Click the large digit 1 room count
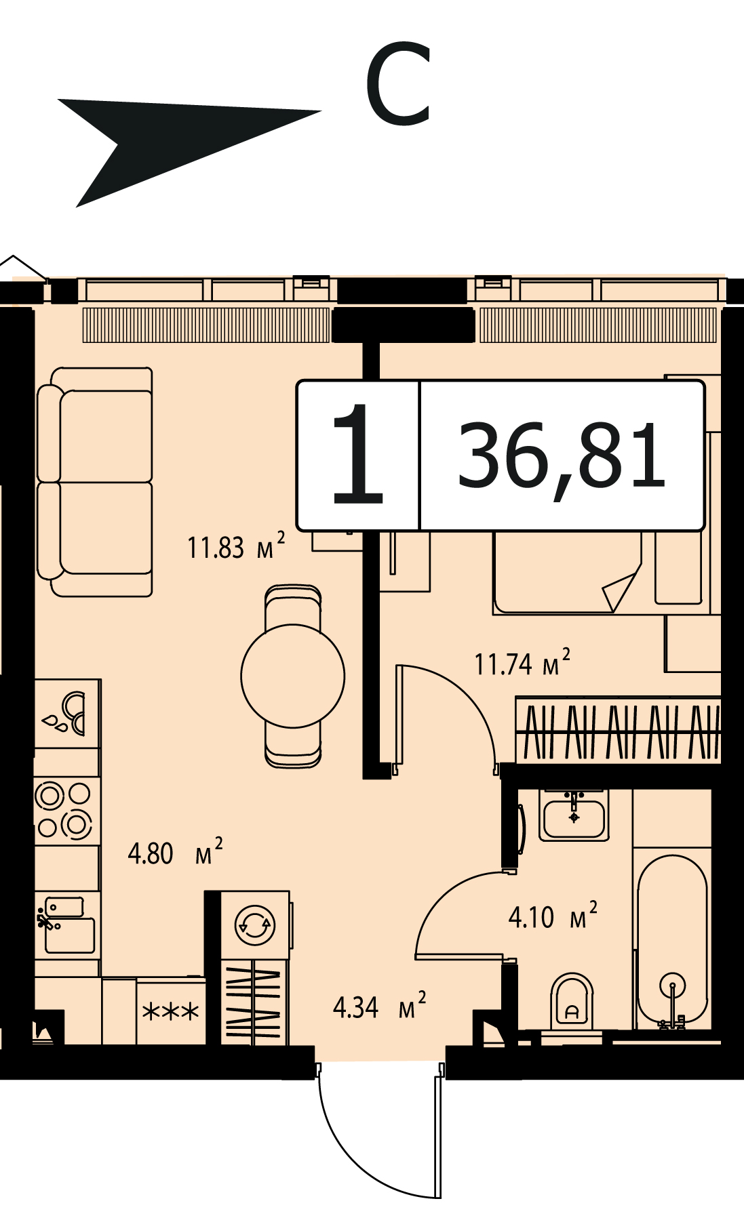pos(358,454)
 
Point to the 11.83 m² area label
pos(235,547)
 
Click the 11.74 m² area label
pos(522,663)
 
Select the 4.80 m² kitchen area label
pos(175,853)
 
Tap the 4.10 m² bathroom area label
pos(553,916)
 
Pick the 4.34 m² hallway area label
pos(380,1006)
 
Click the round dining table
pos(293,676)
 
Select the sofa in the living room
pos(95,482)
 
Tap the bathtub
pos(672,940)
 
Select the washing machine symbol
pos(254,924)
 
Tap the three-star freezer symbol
pos(171,1012)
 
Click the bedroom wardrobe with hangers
pos(618,731)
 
